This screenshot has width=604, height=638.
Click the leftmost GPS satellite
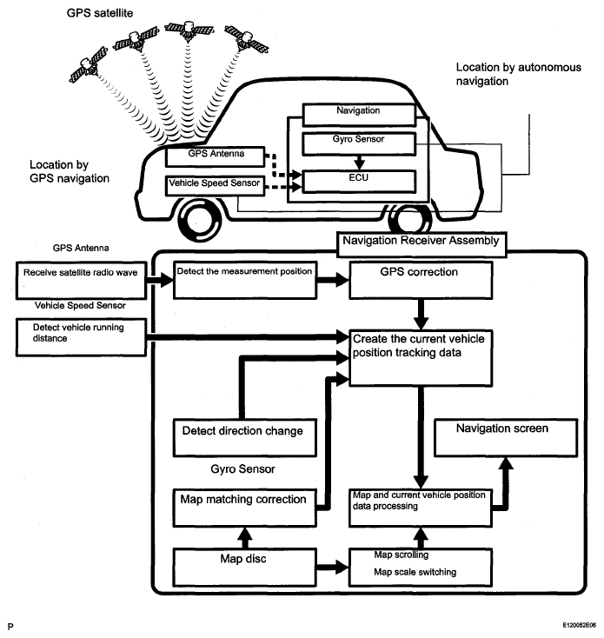pyautogui.click(x=89, y=65)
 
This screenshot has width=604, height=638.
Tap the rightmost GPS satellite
pyautogui.click(x=247, y=39)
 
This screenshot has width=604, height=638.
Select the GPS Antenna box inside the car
pyautogui.click(x=216, y=156)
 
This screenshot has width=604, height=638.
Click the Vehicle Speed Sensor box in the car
pyautogui.click(x=215, y=186)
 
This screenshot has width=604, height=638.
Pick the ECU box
pyautogui.click(x=359, y=182)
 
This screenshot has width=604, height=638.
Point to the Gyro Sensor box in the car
pyautogui.click(x=359, y=143)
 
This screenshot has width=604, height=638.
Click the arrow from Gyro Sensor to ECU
pyautogui.click(x=359, y=163)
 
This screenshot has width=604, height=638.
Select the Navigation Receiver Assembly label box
pyautogui.click(x=421, y=244)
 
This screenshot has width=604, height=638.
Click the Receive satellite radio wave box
pyautogui.click(x=81, y=281)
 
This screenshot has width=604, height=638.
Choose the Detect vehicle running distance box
pyautogui.click(x=81, y=337)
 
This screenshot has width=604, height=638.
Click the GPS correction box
pyautogui.click(x=421, y=281)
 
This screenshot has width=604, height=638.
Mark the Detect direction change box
pyautogui.click(x=244, y=438)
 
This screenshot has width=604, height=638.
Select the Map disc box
pyautogui.click(x=244, y=568)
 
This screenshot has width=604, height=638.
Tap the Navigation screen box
pyautogui.click(x=506, y=438)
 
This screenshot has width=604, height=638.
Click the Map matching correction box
pyautogui.click(x=244, y=508)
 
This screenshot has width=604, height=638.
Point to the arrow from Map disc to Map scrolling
pyautogui.click(x=333, y=567)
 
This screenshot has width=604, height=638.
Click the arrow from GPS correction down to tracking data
pyautogui.click(x=421, y=315)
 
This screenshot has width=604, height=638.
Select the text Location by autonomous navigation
pyautogui.click(x=518, y=74)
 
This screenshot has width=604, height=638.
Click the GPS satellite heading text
pyautogui.click(x=100, y=13)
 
